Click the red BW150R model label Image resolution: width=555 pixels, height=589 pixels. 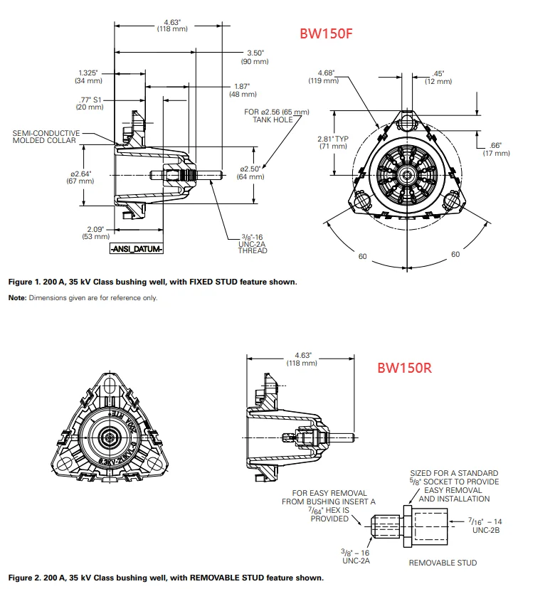coord(404,368)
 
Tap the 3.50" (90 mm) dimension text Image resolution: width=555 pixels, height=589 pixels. coord(255,58)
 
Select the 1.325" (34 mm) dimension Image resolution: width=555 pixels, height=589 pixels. coord(89,77)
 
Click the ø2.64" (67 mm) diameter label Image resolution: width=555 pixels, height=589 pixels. coord(79,177)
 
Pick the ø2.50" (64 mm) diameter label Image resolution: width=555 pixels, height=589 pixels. coord(251,172)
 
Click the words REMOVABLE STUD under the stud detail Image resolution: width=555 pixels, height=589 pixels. coord(442,563)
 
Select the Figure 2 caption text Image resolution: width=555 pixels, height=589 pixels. coord(166,577)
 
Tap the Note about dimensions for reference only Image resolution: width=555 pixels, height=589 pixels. coord(83,298)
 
